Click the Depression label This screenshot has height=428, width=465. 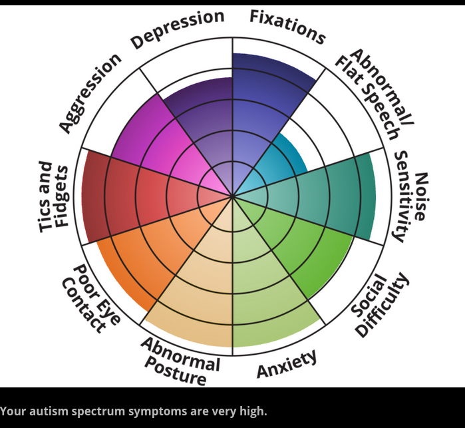tap(178, 29)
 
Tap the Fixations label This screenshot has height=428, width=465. tap(287, 26)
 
